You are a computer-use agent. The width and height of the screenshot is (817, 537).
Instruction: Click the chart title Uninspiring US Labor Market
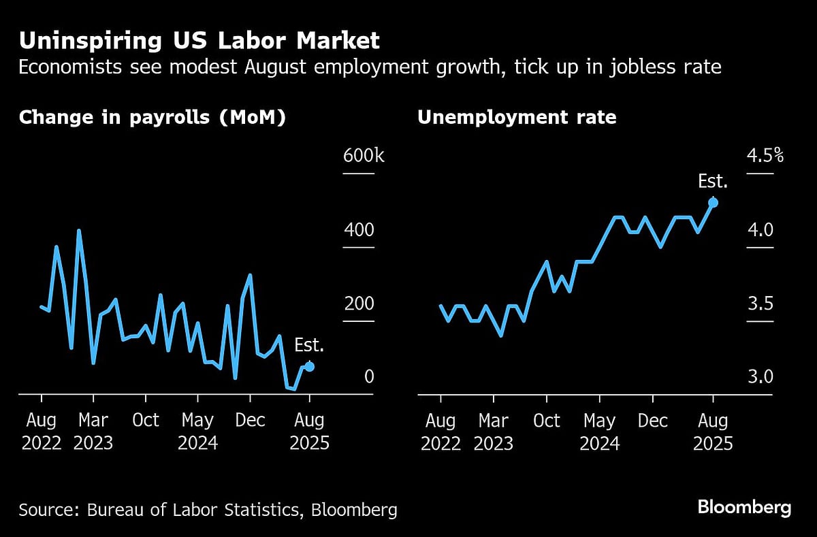point(199,41)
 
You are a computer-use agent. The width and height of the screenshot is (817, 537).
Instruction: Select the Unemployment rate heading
point(517,118)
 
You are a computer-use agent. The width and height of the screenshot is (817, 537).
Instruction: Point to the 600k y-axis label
point(364,156)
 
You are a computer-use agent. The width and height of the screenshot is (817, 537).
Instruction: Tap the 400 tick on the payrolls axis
point(359,230)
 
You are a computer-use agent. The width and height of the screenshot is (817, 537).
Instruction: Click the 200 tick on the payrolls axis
point(359,304)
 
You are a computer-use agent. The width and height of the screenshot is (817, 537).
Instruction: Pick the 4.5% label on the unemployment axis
point(765,156)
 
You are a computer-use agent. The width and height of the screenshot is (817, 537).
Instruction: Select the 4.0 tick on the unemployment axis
point(760,230)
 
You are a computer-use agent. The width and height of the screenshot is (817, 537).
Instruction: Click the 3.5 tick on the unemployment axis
point(760,304)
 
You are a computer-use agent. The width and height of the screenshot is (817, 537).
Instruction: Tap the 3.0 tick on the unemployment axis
point(760,377)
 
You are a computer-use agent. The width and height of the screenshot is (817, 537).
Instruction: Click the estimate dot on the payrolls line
point(309,366)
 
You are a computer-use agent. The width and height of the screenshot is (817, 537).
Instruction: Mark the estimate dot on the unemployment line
point(713,202)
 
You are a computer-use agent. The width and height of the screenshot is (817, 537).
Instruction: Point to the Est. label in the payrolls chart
point(309,346)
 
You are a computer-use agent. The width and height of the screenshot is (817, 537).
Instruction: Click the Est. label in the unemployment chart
point(713,182)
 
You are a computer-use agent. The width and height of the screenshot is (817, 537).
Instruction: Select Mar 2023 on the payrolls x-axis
point(93,432)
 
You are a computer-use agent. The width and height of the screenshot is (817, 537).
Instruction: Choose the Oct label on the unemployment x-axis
point(546,421)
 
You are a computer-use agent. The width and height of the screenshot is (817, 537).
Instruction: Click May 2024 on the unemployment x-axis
point(600,432)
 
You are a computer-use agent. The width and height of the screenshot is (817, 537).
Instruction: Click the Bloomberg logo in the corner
point(744,507)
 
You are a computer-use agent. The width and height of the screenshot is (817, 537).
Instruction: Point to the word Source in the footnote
point(46,510)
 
